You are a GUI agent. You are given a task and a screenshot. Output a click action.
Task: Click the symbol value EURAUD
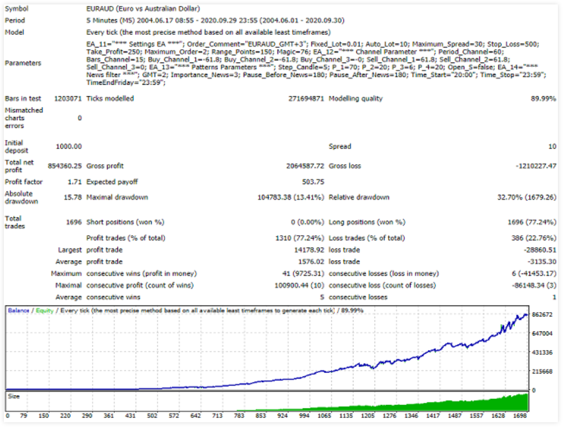point(100,9)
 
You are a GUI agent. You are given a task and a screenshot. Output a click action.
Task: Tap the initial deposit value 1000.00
point(69,147)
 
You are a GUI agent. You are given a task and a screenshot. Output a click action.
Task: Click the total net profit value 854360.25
point(65,166)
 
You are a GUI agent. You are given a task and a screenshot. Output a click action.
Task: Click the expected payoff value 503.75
point(312,182)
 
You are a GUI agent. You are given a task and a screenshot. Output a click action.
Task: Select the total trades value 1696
point(74,222)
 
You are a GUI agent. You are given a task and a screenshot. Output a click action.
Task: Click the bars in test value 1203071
point(68,99)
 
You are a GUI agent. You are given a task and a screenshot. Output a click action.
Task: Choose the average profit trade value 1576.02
point(310,262)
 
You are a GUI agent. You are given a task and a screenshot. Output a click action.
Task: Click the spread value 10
point(552,147)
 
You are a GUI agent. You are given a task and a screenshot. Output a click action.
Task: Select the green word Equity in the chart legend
point(44,310)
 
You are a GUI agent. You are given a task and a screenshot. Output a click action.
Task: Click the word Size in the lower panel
point(14,396)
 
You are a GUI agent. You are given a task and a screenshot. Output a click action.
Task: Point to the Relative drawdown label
point(359,198)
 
